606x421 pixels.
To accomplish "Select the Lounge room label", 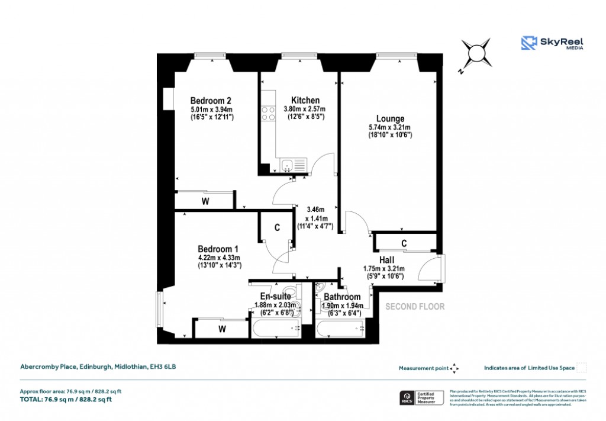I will click(x=389, y=118).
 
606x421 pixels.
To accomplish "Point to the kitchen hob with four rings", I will click(x=268, y=113).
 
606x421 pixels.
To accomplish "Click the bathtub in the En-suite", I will click(x=276, y=329).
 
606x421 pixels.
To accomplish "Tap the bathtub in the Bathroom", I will click(x=340, y=329).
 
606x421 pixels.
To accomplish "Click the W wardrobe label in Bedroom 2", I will click(x=205, y=201).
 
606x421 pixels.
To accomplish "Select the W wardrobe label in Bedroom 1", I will click(x=223, y=328).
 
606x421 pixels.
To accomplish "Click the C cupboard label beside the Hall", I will click(x=404, y=243).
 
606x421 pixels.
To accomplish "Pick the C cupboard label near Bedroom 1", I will click(x=276, y=227).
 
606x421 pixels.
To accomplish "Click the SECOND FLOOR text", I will click(x=415, y=307).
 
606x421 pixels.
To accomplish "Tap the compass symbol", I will click(x=476, y=54).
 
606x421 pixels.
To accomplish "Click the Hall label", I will click(x=388, y=260).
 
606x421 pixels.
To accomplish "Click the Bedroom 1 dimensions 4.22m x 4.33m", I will click(x=218, y=258).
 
